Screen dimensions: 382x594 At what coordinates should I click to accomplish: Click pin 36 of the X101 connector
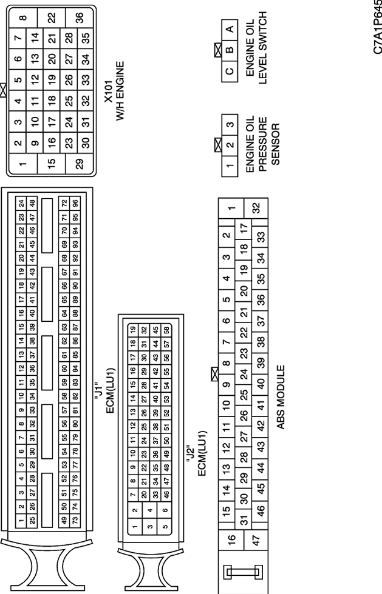[80, 18]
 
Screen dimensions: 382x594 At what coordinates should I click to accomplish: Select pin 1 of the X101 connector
[23, 164]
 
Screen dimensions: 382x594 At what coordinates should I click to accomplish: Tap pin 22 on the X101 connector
[51, 18]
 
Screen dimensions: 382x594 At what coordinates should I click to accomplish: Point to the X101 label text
[109, 91]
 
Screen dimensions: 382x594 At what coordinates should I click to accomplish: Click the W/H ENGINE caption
[120, 92]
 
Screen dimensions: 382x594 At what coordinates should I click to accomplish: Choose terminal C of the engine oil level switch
[230, 72]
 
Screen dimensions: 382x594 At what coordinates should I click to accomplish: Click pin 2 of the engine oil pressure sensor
[230, 145]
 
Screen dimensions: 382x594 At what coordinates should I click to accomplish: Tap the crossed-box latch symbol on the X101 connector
[3, 90]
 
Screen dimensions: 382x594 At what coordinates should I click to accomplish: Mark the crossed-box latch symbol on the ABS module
[214, 374]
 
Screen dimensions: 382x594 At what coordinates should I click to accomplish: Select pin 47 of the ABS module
[256, 540]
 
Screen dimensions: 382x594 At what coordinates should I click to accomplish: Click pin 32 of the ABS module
[256, 208]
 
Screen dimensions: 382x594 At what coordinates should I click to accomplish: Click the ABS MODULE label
[281, 397]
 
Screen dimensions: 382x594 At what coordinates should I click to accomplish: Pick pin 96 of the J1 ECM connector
[75, 204]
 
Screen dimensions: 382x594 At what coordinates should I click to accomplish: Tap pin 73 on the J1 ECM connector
[75, 520]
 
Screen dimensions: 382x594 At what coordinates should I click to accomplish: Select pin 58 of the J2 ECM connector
[166, 330]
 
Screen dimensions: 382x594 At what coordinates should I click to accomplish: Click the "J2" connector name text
[191, 453]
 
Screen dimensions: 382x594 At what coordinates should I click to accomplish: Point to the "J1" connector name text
[98, 391]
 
